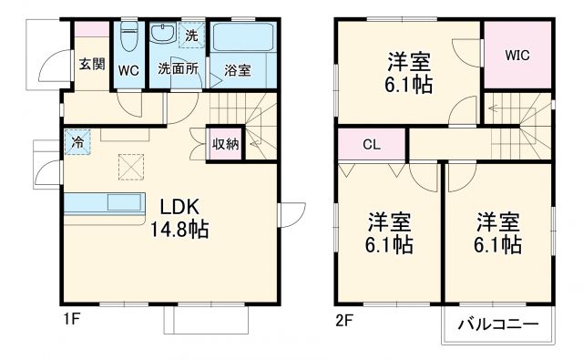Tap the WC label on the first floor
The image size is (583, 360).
[128, 70]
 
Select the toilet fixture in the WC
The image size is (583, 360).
[128, 39]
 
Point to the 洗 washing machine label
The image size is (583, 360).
[190, 36]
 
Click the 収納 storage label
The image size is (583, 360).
[226, 143]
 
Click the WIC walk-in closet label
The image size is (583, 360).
[517, 54]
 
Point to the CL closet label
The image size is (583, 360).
[371, 145]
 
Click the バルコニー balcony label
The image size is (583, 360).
[497, 324]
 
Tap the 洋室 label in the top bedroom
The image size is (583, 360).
[408, 62]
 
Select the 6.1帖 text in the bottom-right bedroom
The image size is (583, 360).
[497, 245]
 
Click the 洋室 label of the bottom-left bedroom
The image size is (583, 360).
[389, 221]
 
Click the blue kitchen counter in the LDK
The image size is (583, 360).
[104, 202]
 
